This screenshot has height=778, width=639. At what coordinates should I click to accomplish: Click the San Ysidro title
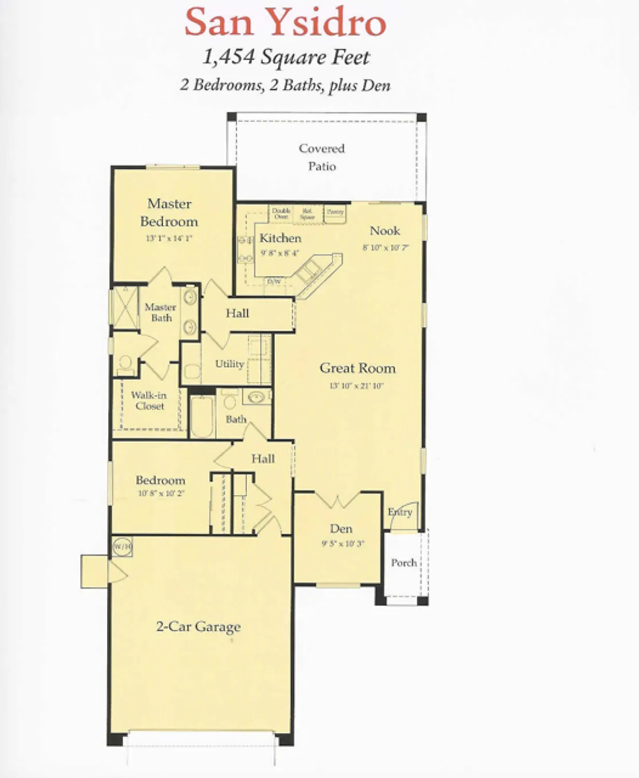tap(286, 22)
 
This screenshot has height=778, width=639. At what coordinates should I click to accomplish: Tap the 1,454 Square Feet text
tap(286, 57)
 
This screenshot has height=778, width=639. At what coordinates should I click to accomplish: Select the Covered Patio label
tap(322, 157)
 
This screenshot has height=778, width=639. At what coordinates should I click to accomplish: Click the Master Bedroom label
tap(169, 213)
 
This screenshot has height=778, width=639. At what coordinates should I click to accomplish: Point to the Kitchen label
tap(280, 238)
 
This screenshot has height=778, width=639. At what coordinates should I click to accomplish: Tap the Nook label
tap(385, 231)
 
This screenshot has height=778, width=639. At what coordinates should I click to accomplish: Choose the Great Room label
tap(357, 368)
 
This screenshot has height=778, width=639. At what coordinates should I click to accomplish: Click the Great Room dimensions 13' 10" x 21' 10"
tap(357, 386)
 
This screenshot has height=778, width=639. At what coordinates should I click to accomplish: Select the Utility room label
tap(229, 364)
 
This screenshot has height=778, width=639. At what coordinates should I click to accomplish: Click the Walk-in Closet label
tap(149, 401)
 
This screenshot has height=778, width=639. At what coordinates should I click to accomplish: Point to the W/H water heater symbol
tap(122, 547)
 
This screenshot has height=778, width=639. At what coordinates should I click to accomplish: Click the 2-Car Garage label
tap(198, 627)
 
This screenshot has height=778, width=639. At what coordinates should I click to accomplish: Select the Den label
tap(341, 529)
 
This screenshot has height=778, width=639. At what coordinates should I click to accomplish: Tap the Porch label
tap(404, 563)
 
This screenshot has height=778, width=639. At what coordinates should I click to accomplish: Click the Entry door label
tap(400, 512)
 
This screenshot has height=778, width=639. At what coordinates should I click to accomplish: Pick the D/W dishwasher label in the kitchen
tap(274, 282)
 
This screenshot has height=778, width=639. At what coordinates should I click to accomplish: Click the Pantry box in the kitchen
tap(335, 213)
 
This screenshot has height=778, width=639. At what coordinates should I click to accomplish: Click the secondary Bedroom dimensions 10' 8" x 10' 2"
tap(161, 494)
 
